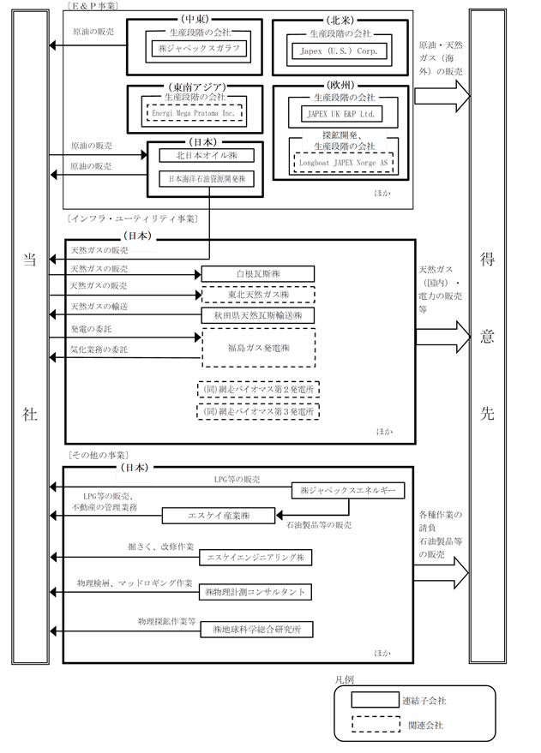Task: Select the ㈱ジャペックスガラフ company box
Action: (x=199, y=49)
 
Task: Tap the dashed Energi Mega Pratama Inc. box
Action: (x=194, y=113)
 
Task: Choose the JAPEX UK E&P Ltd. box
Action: (x=340, y=114)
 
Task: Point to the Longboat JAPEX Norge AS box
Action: (x=343, y=163)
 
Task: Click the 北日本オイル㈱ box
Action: (x=207, y=156)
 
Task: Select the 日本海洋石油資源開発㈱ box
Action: (x=207, y=179)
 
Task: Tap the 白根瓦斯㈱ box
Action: (x=258, y=274)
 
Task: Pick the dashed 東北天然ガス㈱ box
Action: (x=258, y=295)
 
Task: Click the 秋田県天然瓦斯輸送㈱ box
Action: (x=258, y=315)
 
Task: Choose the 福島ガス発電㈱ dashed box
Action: (x=258, y=348)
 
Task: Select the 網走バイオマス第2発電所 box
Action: (x=258, y=389)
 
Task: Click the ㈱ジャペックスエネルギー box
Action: (x=348, y=490)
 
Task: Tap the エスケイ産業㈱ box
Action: (x=219, y=516)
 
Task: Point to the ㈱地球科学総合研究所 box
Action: (x=256, y=630)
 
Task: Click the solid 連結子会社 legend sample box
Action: (x=375, y=700)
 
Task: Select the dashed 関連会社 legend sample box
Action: (x=376, y=724)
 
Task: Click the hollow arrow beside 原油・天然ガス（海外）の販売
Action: (x=442, y=96)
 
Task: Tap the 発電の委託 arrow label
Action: (x=91, y=329)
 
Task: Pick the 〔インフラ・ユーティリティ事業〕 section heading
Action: (x=133, y=219)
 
